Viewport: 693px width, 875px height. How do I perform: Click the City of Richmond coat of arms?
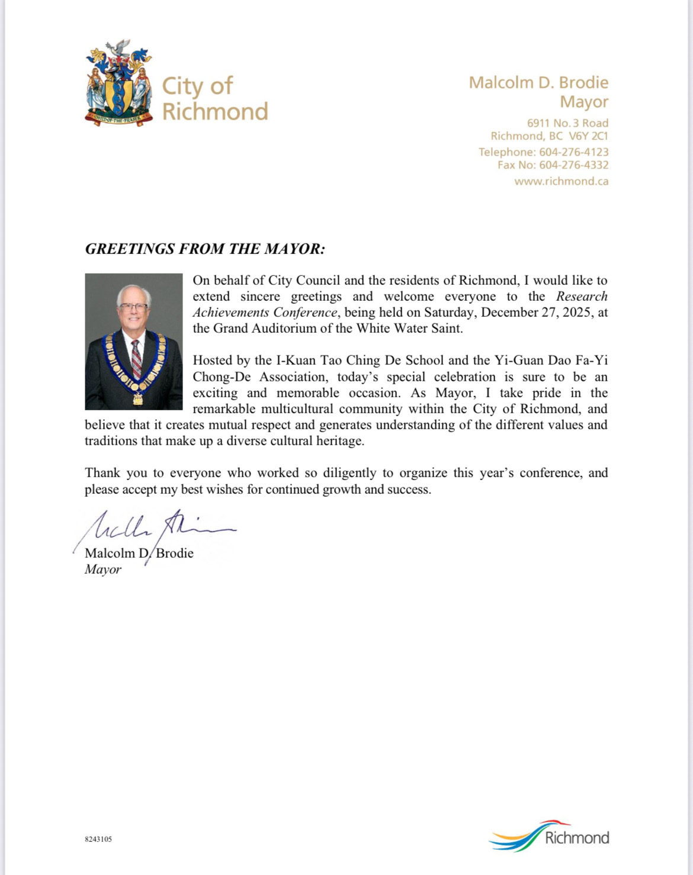point(118,83)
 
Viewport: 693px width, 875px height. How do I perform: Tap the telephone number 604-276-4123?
point(573,152)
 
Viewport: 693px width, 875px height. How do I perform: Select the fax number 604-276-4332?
point(573,165)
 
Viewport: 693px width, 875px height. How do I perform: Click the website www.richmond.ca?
point(561,181)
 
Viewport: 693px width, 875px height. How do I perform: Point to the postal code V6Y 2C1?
point(588,136)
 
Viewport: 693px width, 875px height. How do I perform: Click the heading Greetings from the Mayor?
point(205,249)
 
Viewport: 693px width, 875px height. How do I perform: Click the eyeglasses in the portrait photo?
point(133,308)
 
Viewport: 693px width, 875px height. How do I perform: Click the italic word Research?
point(582,297)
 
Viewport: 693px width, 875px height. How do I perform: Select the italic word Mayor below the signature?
point(103,570)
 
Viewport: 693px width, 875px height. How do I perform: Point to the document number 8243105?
point(98,839)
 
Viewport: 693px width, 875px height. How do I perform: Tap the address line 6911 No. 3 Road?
point(567,123)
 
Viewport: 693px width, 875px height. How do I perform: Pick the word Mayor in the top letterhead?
point(584,102)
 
